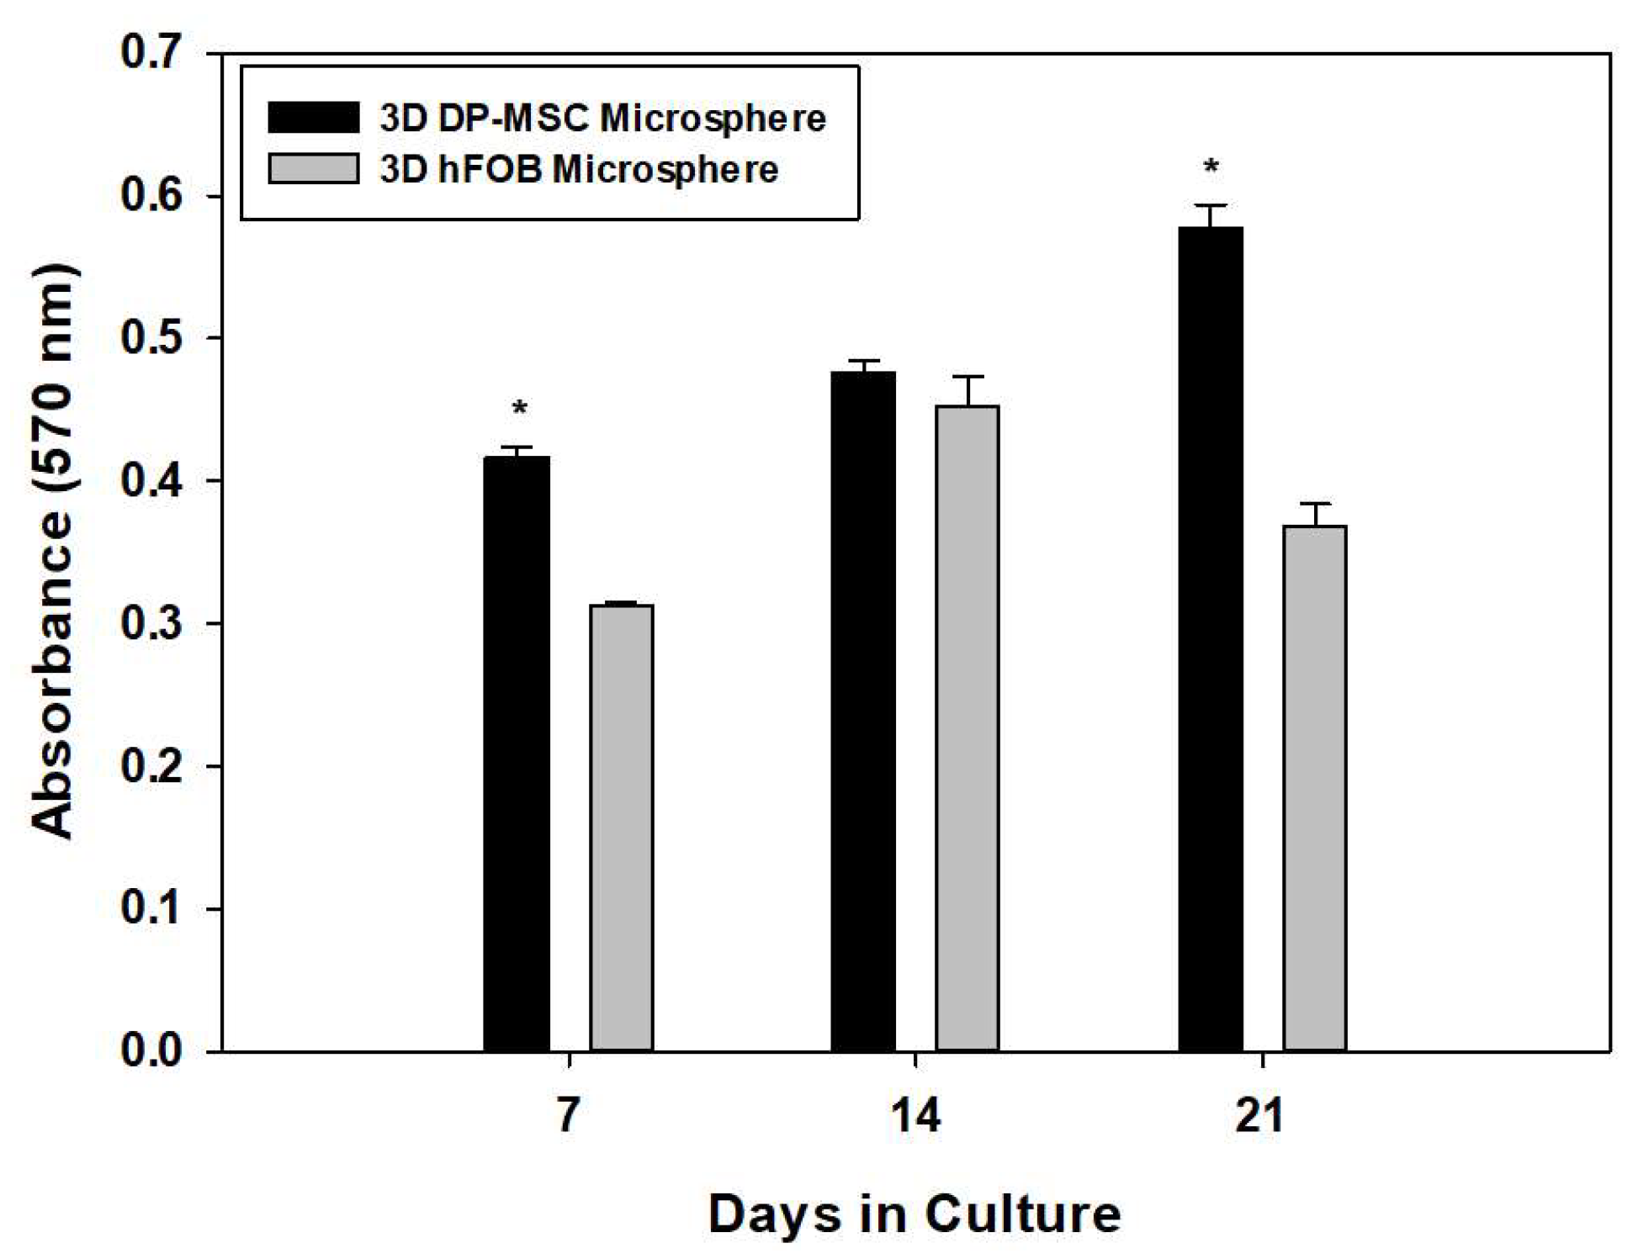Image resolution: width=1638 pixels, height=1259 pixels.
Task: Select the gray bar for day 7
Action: [621, 828]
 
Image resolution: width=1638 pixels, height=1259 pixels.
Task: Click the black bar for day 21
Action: [1210, 639]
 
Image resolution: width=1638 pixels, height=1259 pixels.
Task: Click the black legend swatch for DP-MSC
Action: [313, 118]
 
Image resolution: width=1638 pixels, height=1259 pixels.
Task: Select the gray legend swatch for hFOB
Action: [313, 168]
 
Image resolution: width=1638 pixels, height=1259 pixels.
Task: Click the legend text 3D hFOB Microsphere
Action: [579, 170]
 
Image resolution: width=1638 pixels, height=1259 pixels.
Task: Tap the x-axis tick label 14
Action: [914, 1116]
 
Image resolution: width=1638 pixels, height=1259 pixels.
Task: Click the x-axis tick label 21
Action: [1260, 1116]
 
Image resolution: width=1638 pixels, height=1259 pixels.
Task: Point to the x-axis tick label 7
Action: [569, 1116]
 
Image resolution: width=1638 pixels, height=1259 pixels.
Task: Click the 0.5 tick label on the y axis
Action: [151, 338]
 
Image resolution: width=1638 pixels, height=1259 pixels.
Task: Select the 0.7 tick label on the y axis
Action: [151, 53]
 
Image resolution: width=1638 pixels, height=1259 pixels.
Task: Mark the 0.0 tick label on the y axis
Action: [151, 1050]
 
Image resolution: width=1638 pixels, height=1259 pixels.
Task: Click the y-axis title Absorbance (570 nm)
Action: [52, 551]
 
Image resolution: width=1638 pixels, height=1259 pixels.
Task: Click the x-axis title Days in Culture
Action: [914, 1214]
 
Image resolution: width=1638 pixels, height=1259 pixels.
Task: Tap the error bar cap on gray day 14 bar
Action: [968, 377]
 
